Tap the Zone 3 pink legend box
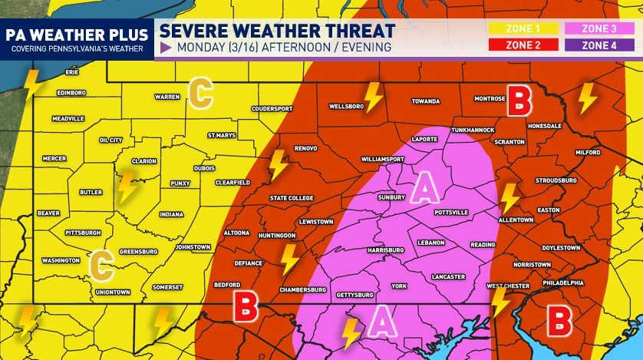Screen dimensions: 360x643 (599, 29)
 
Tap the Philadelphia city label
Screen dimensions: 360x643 (562, 282)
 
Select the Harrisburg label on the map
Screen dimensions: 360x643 (385, 250)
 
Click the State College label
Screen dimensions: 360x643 (292, 198)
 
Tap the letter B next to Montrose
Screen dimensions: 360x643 (520, 99)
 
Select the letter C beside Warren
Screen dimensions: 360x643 (199, 94)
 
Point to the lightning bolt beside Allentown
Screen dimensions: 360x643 (509, 198)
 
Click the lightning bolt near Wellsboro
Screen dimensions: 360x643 (374, 97)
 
